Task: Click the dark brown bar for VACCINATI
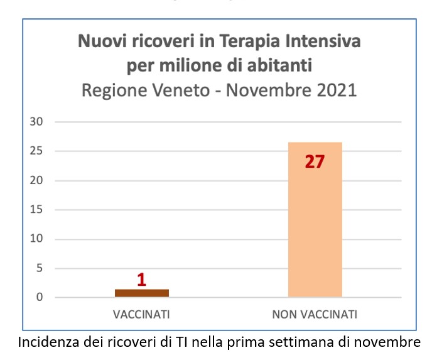142,293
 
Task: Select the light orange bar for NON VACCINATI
315,219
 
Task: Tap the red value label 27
315,161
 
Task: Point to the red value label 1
141,280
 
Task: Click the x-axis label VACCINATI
141,314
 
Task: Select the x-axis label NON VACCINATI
315,314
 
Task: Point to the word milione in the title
185,66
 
